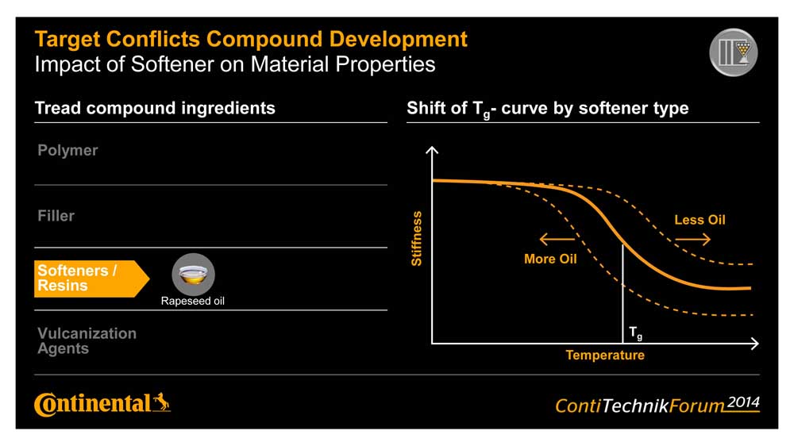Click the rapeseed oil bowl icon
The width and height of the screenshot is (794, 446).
point(193,275)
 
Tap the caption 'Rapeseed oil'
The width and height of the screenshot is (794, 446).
point(193,302)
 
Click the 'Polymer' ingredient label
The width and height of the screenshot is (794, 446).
point(67,150)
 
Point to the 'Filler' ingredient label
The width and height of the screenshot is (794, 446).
point(56,215)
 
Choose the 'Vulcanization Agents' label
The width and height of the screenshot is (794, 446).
point(87,340)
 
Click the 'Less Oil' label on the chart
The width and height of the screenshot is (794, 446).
point(700,220)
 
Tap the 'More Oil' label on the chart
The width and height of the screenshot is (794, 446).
point(550,259)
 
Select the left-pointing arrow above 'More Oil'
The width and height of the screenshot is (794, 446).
point(557,238)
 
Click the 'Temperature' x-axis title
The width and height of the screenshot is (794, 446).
point(605,356)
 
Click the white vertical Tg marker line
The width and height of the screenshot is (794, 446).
point(622,294)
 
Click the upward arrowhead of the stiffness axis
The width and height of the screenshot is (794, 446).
point(432,150)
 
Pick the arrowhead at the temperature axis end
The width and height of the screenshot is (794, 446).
point(754,344)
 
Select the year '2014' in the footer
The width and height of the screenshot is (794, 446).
point(743,402)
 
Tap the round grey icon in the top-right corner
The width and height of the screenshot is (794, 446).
point(733,53)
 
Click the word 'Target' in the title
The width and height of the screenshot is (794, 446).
point(69,38)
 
